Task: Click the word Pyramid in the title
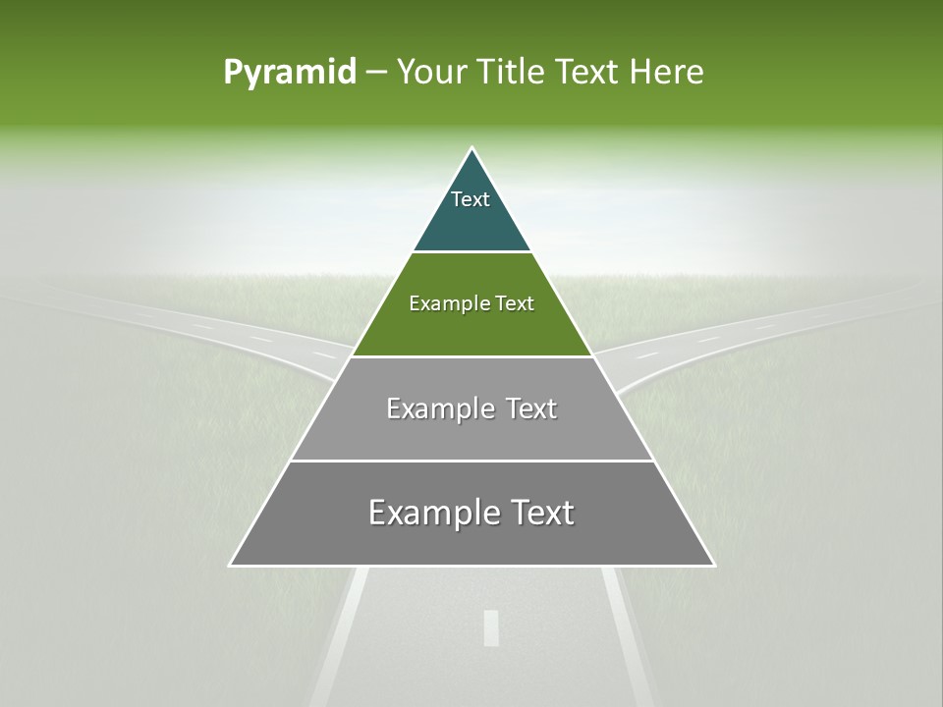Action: click(289, 73)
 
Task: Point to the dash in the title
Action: click(375, 73)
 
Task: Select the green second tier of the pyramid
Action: click(471, 329)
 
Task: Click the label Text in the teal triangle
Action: click(471, 199)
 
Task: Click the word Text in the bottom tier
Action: click(538, 513)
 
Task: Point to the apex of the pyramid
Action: click(471, 149)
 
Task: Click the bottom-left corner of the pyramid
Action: click(232, 565)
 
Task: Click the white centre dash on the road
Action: click(491, 627)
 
